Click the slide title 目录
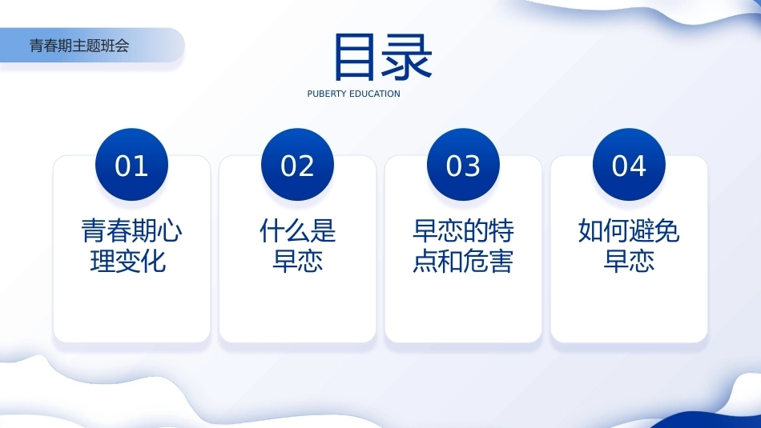[382, 57]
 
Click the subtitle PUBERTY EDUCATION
[354, 94]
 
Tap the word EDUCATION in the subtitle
[375, 94]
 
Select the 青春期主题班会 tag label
[79, 46]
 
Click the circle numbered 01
[131, 165]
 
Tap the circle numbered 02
[297, 165]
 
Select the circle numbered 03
[463, 165]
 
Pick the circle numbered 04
[629, 165]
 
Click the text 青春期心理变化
[131, 246]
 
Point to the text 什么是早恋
[297, 246]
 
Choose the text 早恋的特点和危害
[463, 246]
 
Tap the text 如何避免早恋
[629, 246]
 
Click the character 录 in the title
[408, 57]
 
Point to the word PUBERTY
[327, 94]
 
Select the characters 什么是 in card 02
[297, 230]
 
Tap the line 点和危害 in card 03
[463, 262]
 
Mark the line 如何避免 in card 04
[629, 230]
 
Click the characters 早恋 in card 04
[629, 262]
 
